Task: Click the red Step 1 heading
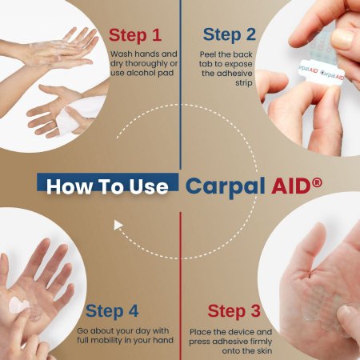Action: coord(135,35)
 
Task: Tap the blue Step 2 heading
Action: coord(229,34)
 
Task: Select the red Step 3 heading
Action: coord(234,311)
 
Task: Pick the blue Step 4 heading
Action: coord(112,311)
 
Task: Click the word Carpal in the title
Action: coord(226,186)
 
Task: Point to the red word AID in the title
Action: coord(292,186)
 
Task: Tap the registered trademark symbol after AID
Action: coord(318,182)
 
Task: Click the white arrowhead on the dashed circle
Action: coord(118,225)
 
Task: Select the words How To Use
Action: coord(107,186)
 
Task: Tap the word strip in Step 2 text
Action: coord(244,83)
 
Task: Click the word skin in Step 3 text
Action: coord(264,351)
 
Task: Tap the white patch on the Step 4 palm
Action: coord(18,306)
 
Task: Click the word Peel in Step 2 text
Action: coord(208,54)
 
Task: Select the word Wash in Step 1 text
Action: coord(122,54)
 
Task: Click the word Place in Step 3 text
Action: coord(200,332)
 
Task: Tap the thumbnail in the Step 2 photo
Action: coord(342,38)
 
